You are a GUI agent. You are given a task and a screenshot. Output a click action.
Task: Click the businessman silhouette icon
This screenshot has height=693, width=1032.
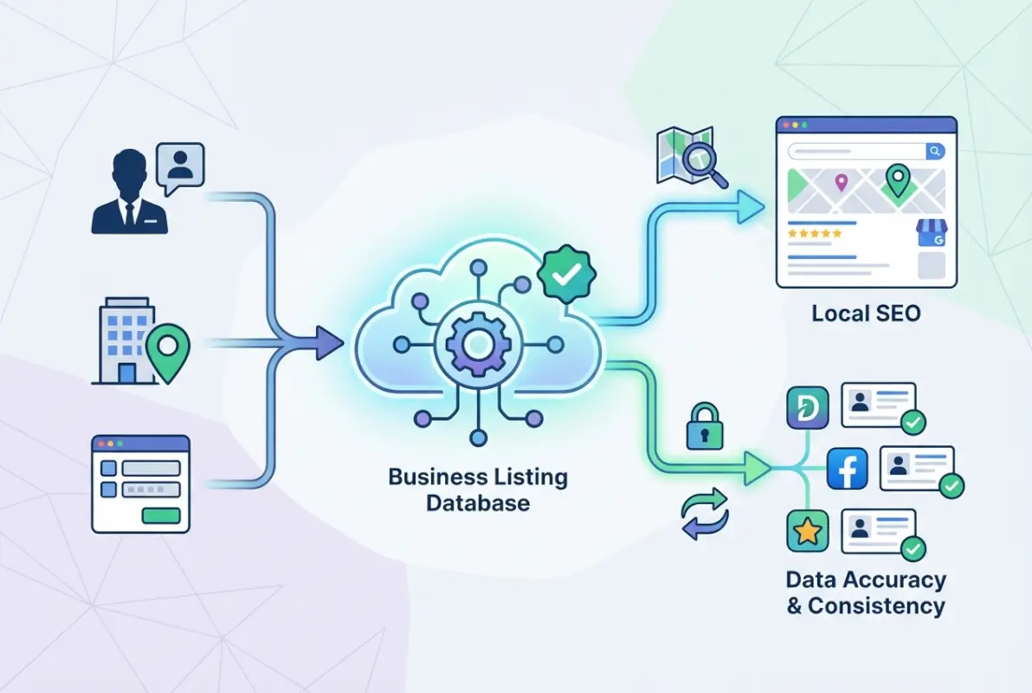pos(130,192)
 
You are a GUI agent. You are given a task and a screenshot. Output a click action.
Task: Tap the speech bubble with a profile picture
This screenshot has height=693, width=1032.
pos(180,165)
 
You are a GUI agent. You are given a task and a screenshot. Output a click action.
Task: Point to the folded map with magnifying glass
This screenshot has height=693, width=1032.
pos(690,157)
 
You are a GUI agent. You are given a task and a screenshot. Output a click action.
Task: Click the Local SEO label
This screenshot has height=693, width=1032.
pos(866,313)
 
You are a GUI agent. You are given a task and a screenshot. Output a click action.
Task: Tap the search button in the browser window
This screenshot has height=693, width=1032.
pos(935,151)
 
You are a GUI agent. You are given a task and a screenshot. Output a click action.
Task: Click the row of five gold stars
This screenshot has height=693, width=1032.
pos(814,233)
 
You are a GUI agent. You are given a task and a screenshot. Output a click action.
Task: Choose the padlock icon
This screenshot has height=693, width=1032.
pos(704,428)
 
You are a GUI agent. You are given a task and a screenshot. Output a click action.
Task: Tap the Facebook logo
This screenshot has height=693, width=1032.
pos(848,470)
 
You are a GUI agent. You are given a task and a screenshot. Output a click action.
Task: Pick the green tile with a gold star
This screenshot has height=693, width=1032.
pos(808,532)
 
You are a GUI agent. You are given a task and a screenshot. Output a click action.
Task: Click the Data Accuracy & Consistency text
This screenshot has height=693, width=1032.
pos(866,593)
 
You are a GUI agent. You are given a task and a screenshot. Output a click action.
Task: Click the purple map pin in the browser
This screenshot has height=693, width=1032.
pos(840,183)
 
